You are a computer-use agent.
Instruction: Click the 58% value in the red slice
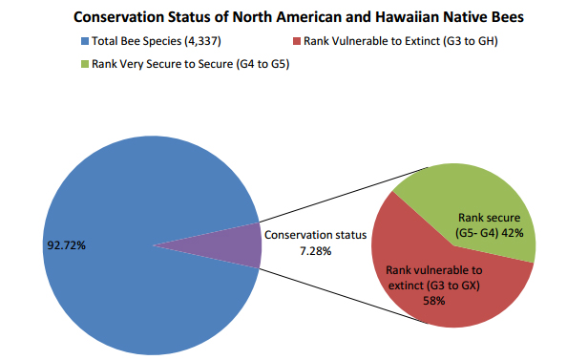click(x=433, y=300)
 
